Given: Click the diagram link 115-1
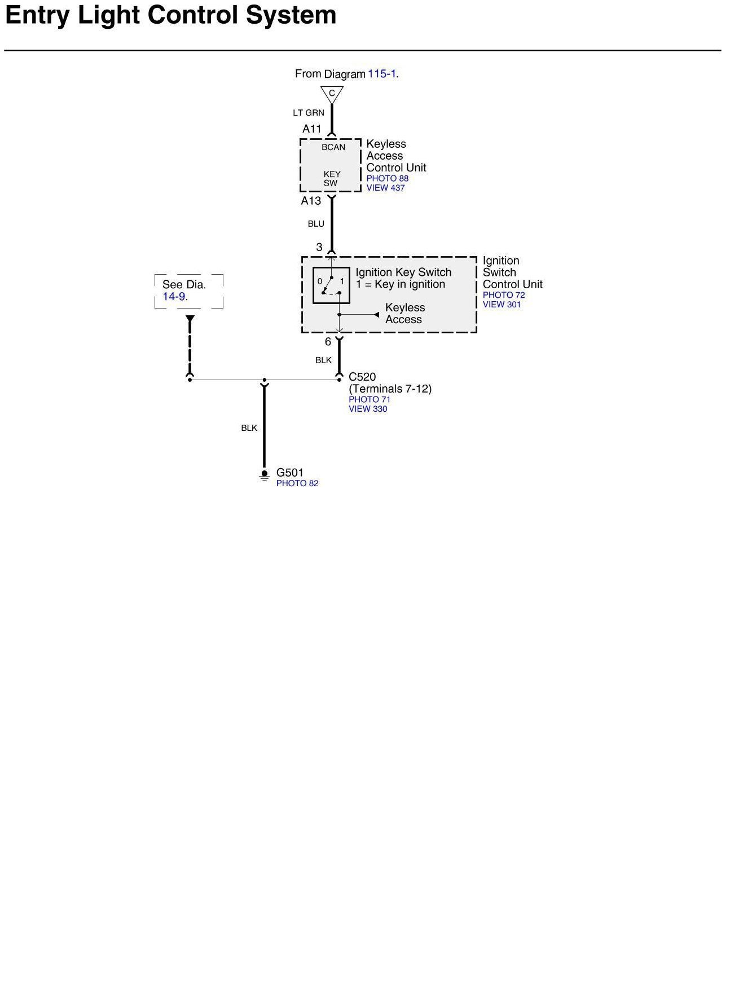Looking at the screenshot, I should (382, 74).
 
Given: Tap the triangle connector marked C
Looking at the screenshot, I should (332, 94).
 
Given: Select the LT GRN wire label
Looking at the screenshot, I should (308, 113).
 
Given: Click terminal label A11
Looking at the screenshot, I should (311, 129).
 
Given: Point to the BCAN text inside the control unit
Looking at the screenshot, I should (333, 147).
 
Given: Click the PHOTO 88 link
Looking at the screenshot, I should (387, 178).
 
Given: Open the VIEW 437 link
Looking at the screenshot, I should (385, 188).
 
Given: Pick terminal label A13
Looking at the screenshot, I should (311, 201).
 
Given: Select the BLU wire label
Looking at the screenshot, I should (316, 224).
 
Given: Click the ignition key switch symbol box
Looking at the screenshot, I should (331, 285).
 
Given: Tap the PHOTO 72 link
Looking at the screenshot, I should (503, 295).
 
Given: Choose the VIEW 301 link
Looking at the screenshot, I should (502, 305).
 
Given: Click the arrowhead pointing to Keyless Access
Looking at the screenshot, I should (376, 315).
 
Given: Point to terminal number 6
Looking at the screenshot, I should (328, 342).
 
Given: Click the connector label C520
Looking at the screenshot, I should (362, 377).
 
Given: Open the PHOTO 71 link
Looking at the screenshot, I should (369, 399).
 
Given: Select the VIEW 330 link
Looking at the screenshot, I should (368, 409).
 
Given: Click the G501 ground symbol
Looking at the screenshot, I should (265, 475).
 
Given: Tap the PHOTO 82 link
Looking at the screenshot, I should (297, 483).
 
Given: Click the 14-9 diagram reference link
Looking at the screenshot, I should (174, 297).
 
